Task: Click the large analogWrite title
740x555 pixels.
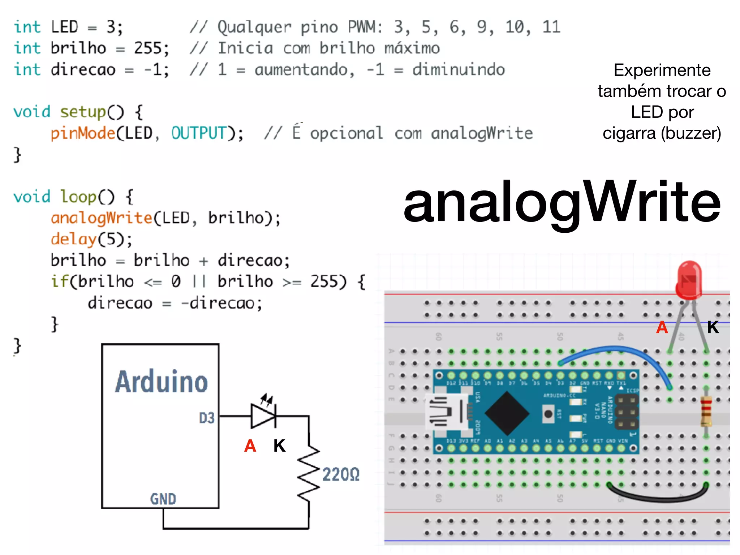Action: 562,202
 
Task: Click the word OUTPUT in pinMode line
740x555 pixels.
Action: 199,133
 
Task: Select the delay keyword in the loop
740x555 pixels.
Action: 73,239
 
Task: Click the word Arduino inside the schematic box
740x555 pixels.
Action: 161,382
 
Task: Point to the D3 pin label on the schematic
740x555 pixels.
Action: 207,418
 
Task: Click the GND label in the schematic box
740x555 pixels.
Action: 163,499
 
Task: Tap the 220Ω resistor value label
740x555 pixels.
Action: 341,474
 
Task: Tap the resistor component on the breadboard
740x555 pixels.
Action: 706,411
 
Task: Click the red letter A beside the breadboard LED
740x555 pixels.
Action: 662,327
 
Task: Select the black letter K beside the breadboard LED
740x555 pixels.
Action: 713,327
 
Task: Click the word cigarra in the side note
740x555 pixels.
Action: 629,133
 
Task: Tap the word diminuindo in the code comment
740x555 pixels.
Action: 458,69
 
